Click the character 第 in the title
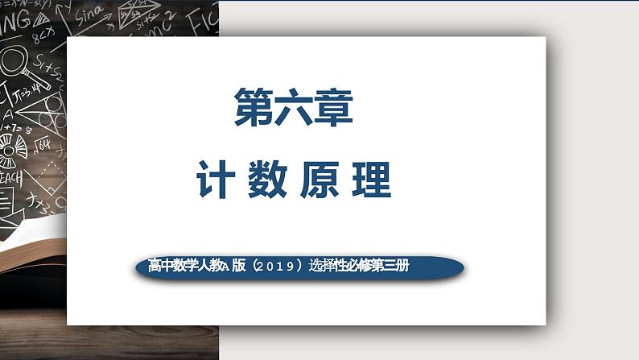pos(253,110)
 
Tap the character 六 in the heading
pos(293,110)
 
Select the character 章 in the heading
pos(332,110)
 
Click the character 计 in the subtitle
pos(216,180)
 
